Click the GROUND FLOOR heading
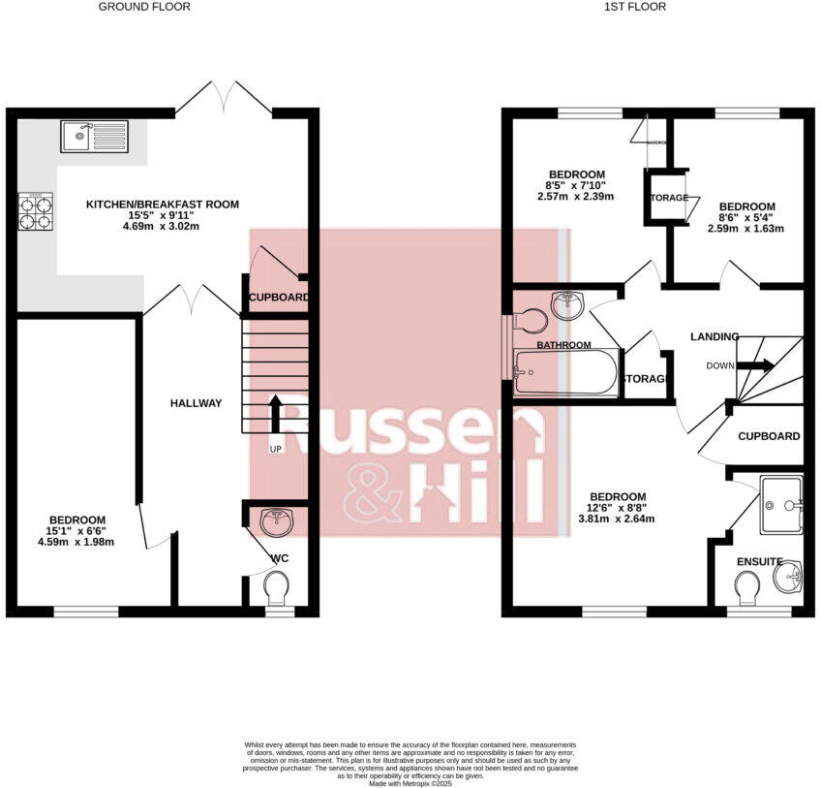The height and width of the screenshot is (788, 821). tap(144, 7)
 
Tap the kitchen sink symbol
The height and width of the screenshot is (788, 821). tap(93, 137)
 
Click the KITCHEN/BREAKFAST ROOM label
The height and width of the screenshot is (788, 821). tap(162, 205)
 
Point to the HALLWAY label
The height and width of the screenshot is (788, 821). tap(197, 403)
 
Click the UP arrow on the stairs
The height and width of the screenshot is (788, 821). tap(276, 414)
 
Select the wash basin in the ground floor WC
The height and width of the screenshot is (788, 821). tap(279, 521)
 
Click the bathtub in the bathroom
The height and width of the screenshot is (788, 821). tap(566, 372)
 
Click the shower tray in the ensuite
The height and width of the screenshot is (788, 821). tap(780, 505)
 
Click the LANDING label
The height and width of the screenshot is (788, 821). tap(715, 336)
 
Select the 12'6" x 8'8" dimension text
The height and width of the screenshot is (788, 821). tap(617, 506)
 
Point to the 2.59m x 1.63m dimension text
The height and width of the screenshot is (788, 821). tap(745, 229)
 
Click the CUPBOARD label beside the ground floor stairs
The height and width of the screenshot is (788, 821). tap(279, 298)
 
